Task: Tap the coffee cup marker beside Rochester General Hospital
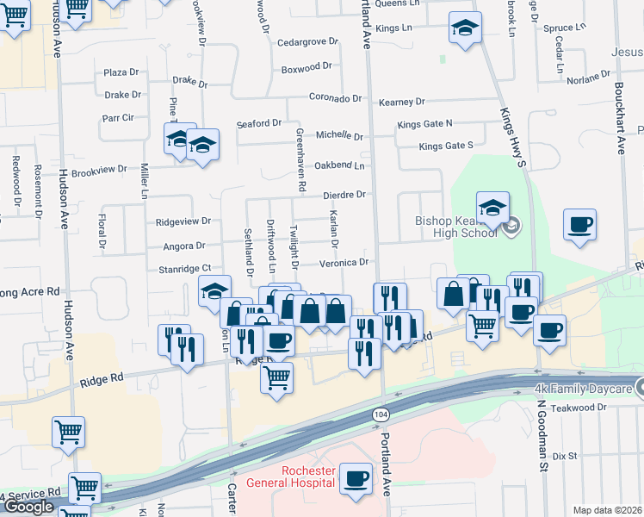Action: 356,478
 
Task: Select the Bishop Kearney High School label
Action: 456,227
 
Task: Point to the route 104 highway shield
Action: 380,415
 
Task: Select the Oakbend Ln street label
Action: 340,165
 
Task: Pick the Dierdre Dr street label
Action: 344,195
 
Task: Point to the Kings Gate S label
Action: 446,146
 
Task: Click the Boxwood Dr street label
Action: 307,66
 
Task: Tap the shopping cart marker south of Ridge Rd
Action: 276,377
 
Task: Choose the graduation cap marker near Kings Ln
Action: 465,28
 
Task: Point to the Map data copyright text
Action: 607,510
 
